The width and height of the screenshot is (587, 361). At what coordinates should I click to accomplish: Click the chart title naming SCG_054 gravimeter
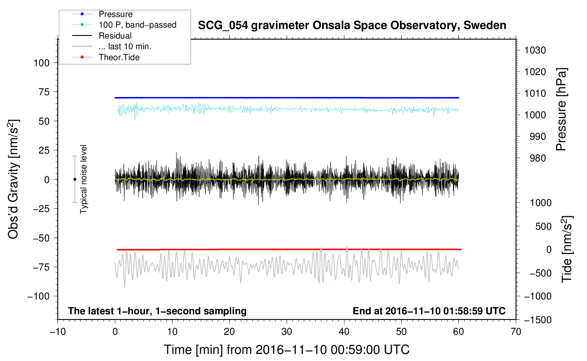[x=352, y=25]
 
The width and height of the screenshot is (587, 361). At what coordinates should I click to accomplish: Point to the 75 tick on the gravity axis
[x=44, y=92]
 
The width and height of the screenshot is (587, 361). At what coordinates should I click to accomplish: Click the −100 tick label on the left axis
[x=39, y=296]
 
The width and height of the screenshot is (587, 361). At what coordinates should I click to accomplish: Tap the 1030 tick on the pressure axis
[x=535, y=50]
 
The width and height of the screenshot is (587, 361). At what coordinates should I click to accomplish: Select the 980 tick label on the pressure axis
[x=537, y=158]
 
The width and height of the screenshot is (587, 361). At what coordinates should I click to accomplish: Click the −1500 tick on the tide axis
[x=538, y=320]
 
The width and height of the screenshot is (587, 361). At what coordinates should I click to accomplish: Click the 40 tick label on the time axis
[x=344, y=332]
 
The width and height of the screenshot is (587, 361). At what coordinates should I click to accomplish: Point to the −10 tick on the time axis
[x=58, y=332]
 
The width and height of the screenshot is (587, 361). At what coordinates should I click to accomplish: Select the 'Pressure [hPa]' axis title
[x=561, y=109]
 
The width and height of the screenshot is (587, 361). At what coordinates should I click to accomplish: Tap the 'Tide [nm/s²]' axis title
[x=566, y=249]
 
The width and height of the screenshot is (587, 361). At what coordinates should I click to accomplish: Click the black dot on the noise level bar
[x=75, y=179]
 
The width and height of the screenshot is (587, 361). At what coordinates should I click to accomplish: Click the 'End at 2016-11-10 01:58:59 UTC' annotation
[x=429, y=311]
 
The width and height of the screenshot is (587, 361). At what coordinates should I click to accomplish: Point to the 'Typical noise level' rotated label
[x=83, y=179]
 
